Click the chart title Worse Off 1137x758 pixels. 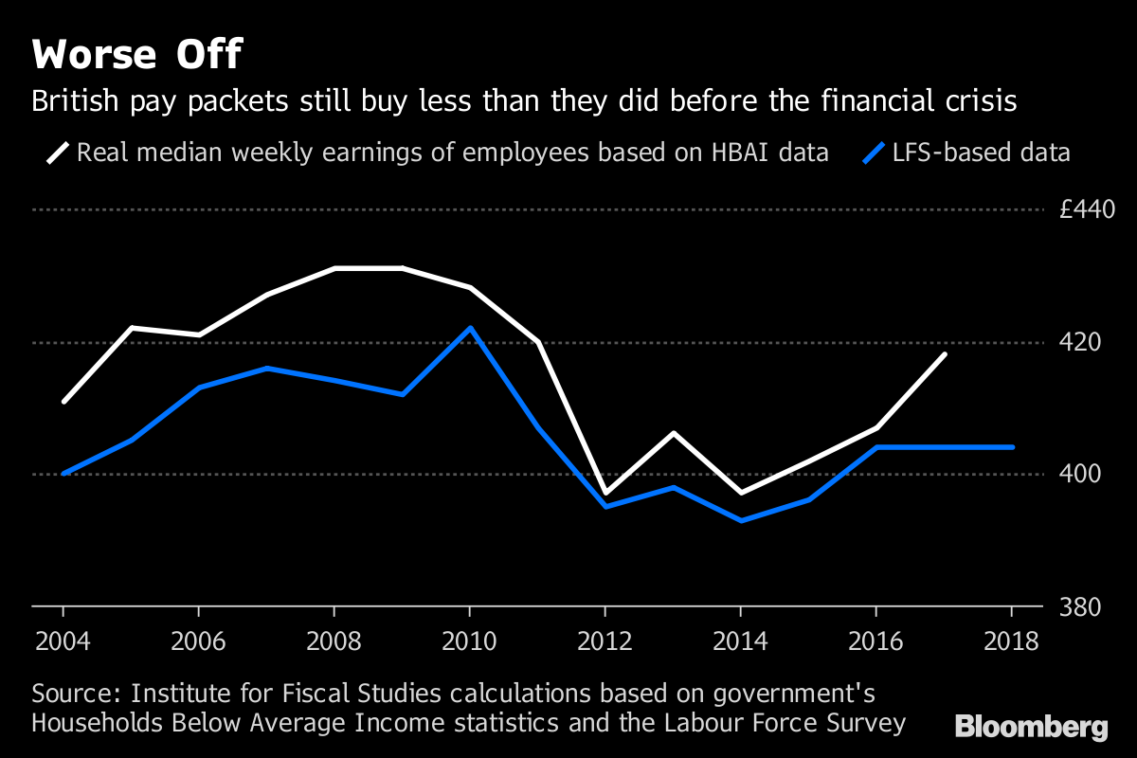pos(137,55)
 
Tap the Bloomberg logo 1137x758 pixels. pos(1032,728)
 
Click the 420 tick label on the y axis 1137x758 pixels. pos(1079,342)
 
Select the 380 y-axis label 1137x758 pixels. pos(1079,606)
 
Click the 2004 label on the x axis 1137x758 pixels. pos(63,641)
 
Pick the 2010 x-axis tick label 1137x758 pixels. pos(470,641)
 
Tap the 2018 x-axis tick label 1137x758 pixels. pos(1012,641)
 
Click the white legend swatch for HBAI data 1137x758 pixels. pos(59,153)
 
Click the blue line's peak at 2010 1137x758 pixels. pos(470,328)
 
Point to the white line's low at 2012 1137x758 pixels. pos(605,494)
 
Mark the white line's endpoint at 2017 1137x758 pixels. pos(945,354)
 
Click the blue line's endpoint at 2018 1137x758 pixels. pos(1013,447)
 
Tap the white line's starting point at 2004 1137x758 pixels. pos(63,402)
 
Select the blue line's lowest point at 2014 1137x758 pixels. pos(741,520)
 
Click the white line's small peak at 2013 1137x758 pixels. pos(673,433)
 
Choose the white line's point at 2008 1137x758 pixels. pos(334,268)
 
